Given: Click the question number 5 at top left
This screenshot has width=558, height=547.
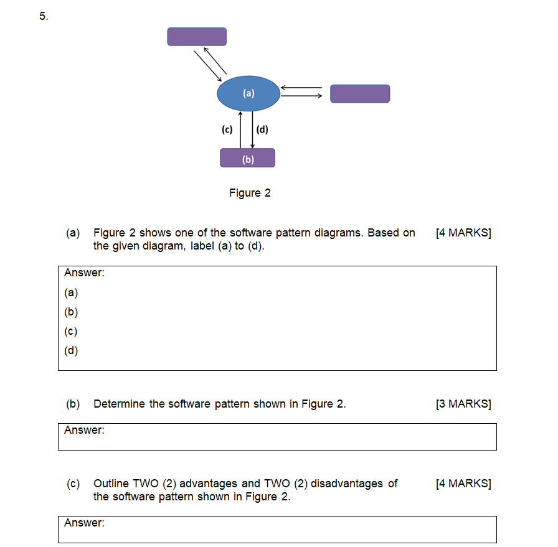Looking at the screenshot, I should [43, 17].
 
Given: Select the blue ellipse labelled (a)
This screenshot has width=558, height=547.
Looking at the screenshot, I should [248, 94].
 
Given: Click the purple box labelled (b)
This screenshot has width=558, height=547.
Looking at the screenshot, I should [247, 158].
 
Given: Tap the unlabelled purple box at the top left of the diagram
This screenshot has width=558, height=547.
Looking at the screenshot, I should [197, 37].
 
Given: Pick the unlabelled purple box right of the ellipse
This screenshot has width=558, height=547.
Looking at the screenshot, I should [360, 94].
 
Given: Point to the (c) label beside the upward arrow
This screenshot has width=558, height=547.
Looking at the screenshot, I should [227, 129].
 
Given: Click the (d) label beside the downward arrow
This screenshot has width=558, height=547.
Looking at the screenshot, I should [262, 129].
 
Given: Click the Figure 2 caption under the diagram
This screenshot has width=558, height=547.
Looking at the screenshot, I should [250, 193].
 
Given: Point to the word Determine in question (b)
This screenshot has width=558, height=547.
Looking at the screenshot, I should [120, 404].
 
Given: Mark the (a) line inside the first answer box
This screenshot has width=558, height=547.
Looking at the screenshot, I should [72, 292].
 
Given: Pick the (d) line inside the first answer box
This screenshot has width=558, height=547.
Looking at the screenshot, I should [72, 350].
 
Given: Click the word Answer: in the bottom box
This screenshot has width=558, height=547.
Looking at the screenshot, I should [84, 523].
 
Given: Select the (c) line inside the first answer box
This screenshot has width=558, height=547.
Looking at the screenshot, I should [72, 331].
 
